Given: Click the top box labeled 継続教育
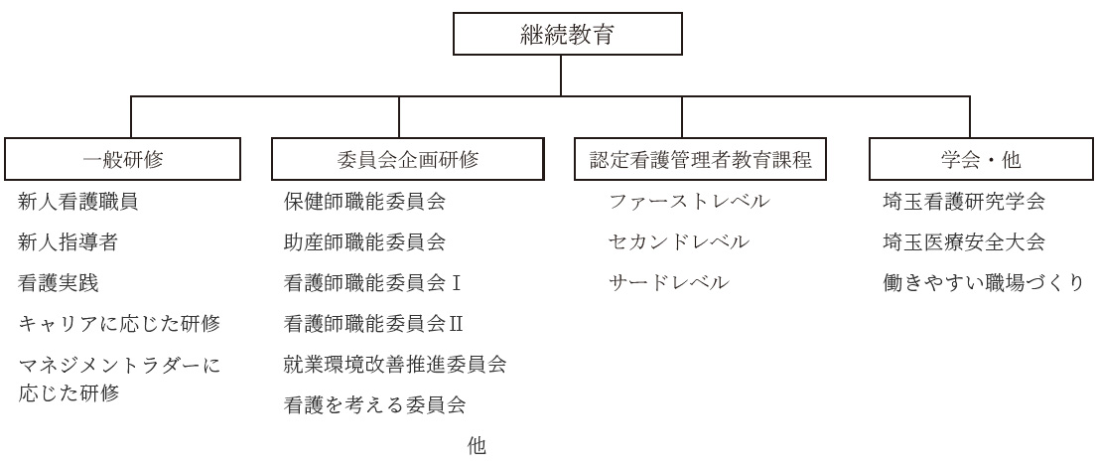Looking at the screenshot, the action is [x=567, y=34].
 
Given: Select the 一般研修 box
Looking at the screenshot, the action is [x=122, y=159].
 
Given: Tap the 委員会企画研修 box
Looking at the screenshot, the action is [x=407, y=159].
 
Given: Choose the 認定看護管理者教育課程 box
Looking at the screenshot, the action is [x=700, y=159].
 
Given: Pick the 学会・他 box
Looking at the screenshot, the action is [x=981, y=159].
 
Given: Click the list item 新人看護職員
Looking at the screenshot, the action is [x=78, y=203].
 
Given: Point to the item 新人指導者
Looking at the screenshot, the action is [x=68, y=242].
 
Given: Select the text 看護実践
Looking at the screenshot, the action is [x=58, y=283].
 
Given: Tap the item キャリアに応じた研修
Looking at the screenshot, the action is [x=119, y=324].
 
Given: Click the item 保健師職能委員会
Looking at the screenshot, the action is [x=364, y=202].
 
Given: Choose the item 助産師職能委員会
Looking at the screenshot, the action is [x=364, y=242].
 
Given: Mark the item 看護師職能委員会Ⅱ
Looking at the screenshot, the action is [x=374, y=323].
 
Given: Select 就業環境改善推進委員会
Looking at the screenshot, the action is [x=395, y=364].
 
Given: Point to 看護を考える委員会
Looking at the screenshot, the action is [x=375, y=404].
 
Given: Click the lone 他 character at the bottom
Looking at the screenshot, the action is [x=477, y=446].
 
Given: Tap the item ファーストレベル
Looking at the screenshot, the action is [x=689, y=202].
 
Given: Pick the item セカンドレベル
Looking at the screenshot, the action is [x=679, y=242].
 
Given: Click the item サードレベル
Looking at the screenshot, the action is [x=669, y=283].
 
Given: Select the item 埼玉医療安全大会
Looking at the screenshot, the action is [x=964, y=242].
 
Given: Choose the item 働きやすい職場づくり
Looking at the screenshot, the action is [x=984, y=283].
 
